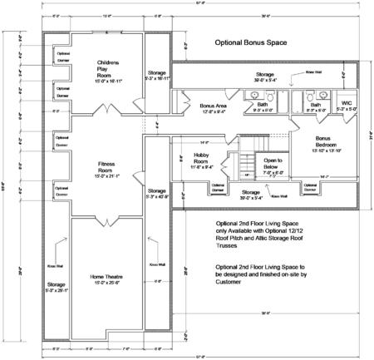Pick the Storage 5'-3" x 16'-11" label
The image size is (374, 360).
(157, 76)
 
